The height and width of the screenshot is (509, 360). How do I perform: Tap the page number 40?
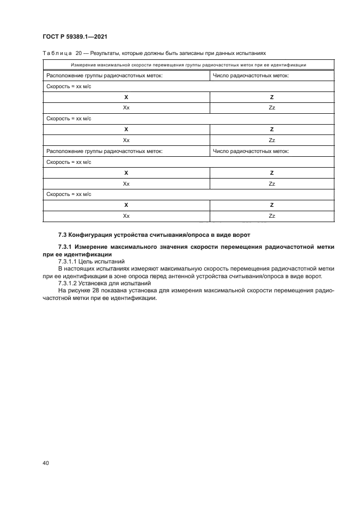click(x=46, y=463)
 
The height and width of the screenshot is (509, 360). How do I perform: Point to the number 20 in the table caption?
click(x=78, y=54)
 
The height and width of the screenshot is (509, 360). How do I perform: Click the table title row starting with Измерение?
click(x=188, y=65)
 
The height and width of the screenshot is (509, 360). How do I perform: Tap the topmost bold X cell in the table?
click(x=126, y=97)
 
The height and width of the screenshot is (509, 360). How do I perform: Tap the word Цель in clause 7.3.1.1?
click(x=90, y=262)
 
